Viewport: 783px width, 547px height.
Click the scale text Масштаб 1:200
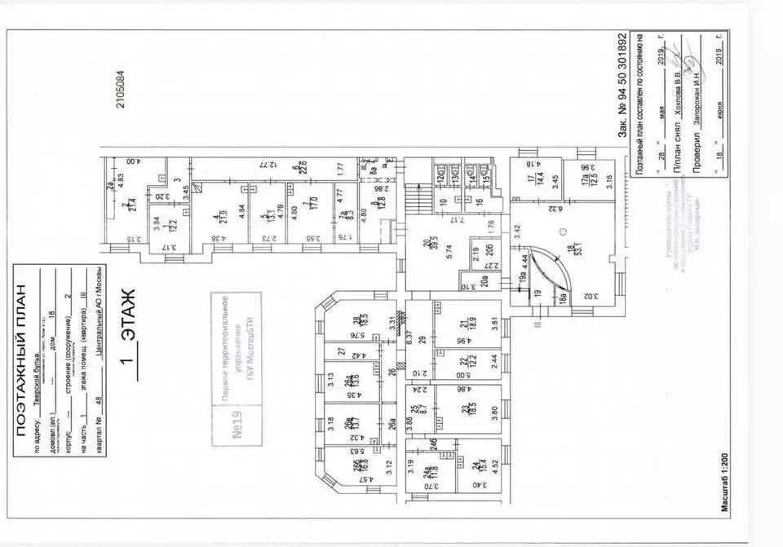pos(723,498)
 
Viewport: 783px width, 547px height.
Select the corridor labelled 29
pos(422,340)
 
